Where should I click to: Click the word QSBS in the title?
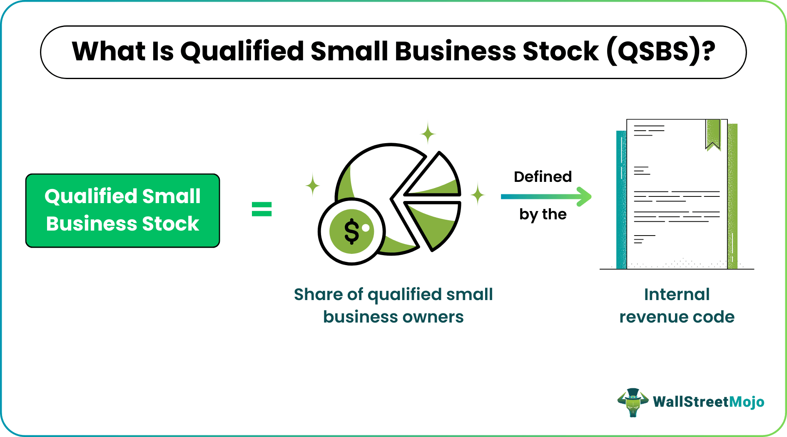[x=653, y=52]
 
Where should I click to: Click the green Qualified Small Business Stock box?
[x=122, y=211]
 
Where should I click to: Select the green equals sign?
[x=262, y=209]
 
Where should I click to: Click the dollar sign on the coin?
[x=351, y=231]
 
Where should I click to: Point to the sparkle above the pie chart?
[x=428, y=134]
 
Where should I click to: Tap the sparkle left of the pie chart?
[x=313, y=185]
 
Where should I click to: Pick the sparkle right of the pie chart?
[x=478, y=194]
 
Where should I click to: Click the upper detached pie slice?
[x=435, y=179]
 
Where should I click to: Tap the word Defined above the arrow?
[x=543, y=177]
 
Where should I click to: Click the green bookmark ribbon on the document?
[x=713, y=133]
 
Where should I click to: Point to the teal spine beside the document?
[x=621, y=200]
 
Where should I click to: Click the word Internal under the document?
[x=677, y=294]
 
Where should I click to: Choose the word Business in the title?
[x=455, y=52]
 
